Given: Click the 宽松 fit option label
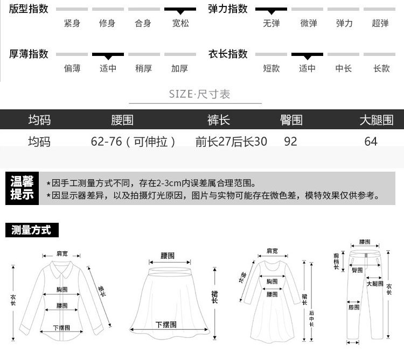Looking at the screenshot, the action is tap(180, 24).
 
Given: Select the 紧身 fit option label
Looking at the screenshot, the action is tap(72, 24).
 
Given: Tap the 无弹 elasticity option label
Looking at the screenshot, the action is tap(271, 24).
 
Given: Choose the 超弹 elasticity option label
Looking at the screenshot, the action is tap(380, 24).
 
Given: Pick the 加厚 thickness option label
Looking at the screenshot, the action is tap(180, 69).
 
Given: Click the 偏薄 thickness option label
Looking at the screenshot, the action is tap(72, 69).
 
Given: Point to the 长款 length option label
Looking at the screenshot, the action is tap(381, 69).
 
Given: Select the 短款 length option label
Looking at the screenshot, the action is tap(271, 69).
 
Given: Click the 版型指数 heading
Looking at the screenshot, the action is tap(29, 9).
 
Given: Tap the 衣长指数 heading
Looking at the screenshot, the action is tap(228, 54).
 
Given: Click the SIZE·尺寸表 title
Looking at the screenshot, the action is tap(199, 94).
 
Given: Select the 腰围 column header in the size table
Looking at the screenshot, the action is tap(122, 119).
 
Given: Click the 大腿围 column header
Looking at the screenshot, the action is tap(377, 119).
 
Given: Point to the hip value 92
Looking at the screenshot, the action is tap(290, 142).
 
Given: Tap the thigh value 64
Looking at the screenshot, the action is tap(371, 142).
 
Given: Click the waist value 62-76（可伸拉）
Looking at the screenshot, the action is tap(134, 142).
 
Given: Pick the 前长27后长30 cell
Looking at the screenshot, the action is tap(231, 142).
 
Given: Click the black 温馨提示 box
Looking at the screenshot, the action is tap(22, 189).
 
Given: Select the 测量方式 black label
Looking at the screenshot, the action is tap(32, 231).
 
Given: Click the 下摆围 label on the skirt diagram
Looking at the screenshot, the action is tap(166, 324).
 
